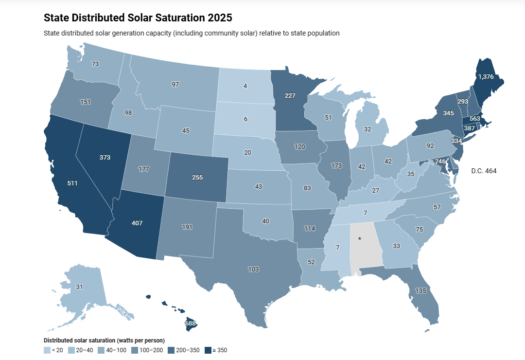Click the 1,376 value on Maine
pos(486,76)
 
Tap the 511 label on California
pos(72,183)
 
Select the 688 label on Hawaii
pos(190,323)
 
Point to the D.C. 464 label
pos(484,171)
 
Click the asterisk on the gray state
pos(360,239)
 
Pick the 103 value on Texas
pos(253,269)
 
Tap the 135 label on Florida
pos(421,291)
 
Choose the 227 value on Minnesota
pos(290,95)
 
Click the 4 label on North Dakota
pos(245,86)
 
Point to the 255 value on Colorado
pos(197,178)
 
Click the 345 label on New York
pos(441,113)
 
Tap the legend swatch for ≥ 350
pos(208,350)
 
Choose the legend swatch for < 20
pos(47,350)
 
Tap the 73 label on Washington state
pos(95,64)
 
